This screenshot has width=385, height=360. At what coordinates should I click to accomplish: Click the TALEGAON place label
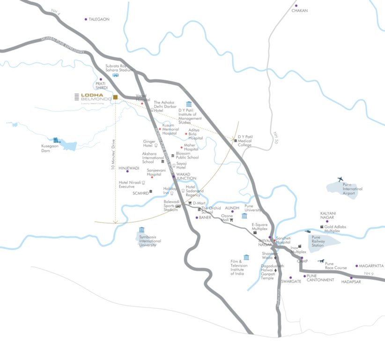[99, 19]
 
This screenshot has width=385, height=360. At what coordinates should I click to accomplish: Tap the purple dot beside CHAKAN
[296, 6]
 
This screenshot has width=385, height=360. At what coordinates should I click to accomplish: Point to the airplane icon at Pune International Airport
[340, 179]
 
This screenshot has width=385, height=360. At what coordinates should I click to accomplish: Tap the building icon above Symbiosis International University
[141, 230]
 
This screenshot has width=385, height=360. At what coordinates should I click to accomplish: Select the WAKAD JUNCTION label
[186, 177]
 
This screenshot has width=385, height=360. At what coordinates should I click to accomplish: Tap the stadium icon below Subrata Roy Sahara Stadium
[116, 75]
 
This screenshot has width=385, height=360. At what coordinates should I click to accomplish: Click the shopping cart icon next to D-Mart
[190, 203]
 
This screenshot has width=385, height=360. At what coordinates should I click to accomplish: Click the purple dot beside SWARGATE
[290, 277]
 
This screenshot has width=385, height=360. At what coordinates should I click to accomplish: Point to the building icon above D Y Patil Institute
[189, 104]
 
